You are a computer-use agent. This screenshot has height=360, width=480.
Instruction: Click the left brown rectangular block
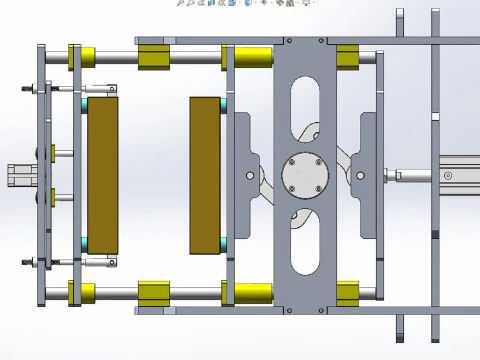pos(101,175)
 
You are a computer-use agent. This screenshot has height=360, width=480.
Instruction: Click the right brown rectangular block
pos(205,175)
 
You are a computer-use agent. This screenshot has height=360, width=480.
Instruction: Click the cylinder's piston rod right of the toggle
pos(410,176)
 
